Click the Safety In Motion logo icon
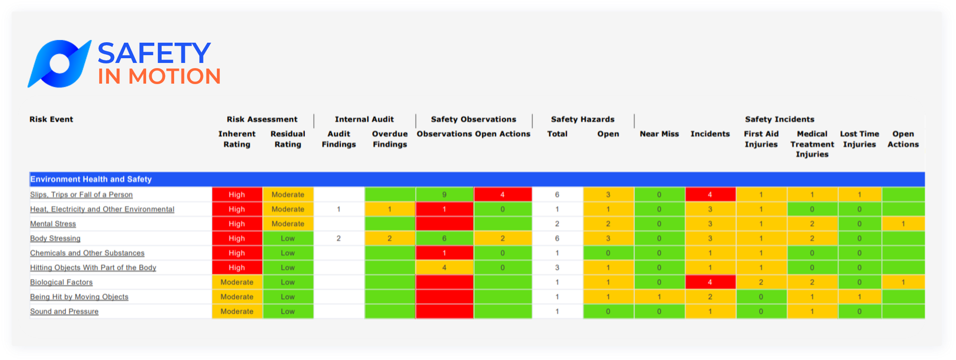pyautogui.click(x=59, y=64)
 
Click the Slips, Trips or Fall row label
pyautogui.click(x=81, y=195)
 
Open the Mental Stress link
pyautogui.click(x=53, y=224)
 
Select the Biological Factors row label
pyautogui.click(x=61, y=282)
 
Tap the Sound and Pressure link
pyautogui.click(x=64, y=312)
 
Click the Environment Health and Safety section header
pyautogui.click(x=91, y=179)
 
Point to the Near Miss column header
pyautogui.click(x=659, y=134)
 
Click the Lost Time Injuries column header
pyautogui.click(x=859, y=139)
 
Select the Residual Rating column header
pyautogui.click(x=288, y=139)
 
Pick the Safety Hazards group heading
pyautogui.click(x=582, y=119)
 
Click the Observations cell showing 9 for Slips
pyautogui.click(x=444, y=195)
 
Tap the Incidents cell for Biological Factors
pyautogui.click(x=710, y=282)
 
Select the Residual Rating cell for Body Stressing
pyautogui.click(x=288, y=239)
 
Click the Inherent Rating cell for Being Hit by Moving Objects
pyautogui.click(x=237, y=297)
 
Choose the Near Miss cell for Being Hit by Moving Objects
pyautogui.click(x=659, y=297)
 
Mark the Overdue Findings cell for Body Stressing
pyautogui.click(x=390, y=239)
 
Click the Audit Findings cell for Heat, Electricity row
pyautogui.click(x=339, y=210)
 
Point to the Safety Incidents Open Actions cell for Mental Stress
pyautogui.click(x=903, y=224)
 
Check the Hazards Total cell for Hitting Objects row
pyautogui.click(x=557, y=268)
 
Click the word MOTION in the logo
pyautogui.click(x=175, y=77)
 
